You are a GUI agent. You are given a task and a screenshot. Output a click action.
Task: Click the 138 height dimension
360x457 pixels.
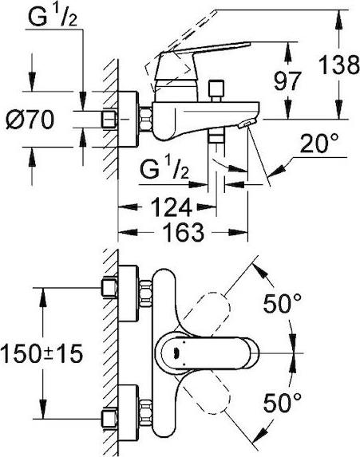[339, 65]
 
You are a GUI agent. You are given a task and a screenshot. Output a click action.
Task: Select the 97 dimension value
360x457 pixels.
[288, 81]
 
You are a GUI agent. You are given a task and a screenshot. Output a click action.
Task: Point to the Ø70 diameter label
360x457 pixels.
[30, 120]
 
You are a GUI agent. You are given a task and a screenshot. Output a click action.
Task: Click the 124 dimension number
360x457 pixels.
[172, 207]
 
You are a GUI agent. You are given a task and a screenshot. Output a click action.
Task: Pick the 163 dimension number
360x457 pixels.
[183, 232]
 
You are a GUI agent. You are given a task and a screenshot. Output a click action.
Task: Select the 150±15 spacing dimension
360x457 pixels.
[42, 353]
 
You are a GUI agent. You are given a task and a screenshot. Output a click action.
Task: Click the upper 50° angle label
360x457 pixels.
[282, 303]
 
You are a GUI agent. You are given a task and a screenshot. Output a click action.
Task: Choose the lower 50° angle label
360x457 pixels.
[282, 403]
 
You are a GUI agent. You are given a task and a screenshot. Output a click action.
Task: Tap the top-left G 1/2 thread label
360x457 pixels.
[53, 17]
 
